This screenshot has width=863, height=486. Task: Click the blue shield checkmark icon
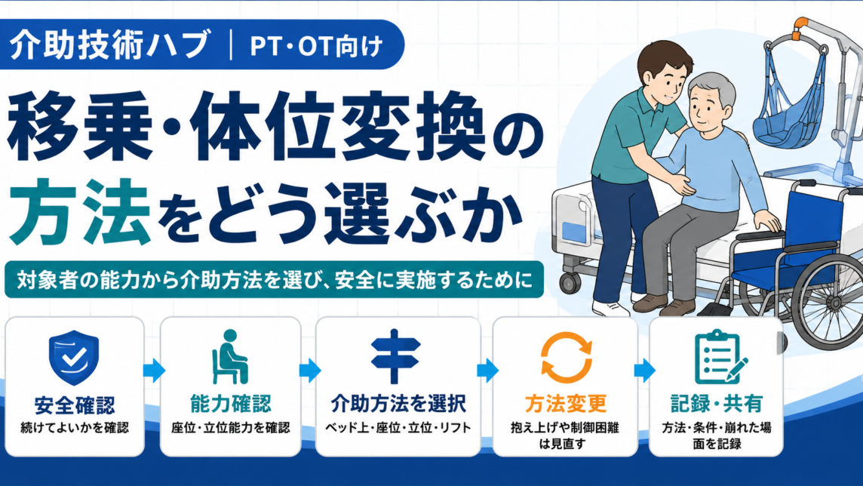pos(74,358)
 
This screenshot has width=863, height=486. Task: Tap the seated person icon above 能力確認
pos(230,357)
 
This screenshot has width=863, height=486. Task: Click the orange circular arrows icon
pos(567,357)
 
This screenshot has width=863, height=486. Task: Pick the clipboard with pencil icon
pos(720,357)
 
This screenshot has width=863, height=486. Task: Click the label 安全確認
pos(74,406)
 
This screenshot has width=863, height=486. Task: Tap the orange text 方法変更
pos(565,404)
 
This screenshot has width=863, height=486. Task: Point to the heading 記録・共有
pos(716,404)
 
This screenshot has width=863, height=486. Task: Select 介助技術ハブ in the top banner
pos(110,45)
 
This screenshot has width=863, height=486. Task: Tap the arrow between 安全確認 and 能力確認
pos(154,371)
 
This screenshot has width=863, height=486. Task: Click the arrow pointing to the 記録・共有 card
pos(644,371)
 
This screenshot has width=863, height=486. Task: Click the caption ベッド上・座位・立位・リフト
pos(398,428)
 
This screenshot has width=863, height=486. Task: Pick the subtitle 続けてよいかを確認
pos(74,428)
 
